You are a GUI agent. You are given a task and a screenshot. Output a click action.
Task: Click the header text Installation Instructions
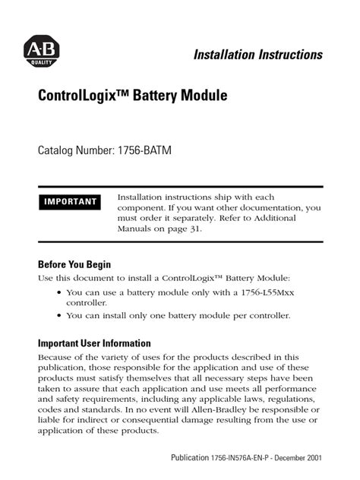(x=258, y=55)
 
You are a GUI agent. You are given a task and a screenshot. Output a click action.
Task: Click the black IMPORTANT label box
(x=70, y=202)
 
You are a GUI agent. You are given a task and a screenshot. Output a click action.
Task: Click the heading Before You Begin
(x=74, y=265)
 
